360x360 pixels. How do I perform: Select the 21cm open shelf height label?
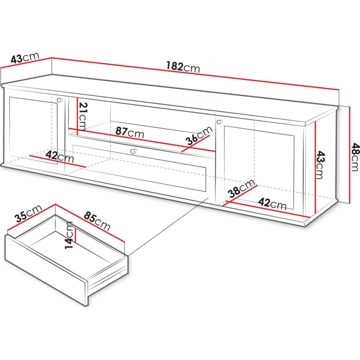tap(82, 117)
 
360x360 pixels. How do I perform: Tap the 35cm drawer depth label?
tap(28, 213)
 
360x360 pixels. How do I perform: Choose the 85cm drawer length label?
tap(97, 221)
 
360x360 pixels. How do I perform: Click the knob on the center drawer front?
tap(133, 151)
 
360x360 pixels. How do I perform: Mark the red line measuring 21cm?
tap(78, 117)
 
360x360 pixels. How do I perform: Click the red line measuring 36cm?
tap(195, 144)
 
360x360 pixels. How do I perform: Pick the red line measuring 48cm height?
tap(349, 155)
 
